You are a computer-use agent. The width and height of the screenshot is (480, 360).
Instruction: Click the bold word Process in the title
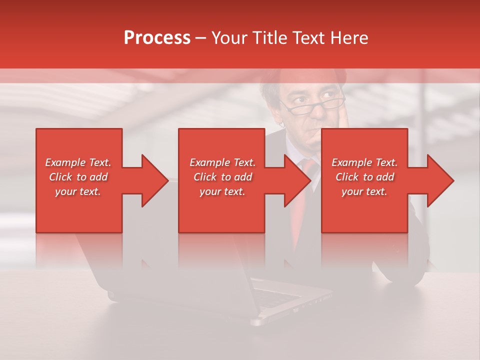click(157, 38)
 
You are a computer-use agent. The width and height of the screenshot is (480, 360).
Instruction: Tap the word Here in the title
click(349, 38)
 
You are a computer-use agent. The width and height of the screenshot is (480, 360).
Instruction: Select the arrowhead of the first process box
click(153, 180)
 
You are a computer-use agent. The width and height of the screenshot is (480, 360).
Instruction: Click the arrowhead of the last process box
click(438, 180)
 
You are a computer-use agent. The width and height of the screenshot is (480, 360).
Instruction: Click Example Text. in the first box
click(78, 162)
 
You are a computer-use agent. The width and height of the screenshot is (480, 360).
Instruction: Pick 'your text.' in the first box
click(78, 191)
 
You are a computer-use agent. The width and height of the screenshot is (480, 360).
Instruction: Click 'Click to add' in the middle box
click(222, 177)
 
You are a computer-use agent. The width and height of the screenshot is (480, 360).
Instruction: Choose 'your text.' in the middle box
click(222, 191)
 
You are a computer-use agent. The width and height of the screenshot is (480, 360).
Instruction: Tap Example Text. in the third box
click(364, 162)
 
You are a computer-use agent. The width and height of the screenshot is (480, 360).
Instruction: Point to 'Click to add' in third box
click(364, 177)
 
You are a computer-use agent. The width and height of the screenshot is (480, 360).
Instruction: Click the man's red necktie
click(302, 200)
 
